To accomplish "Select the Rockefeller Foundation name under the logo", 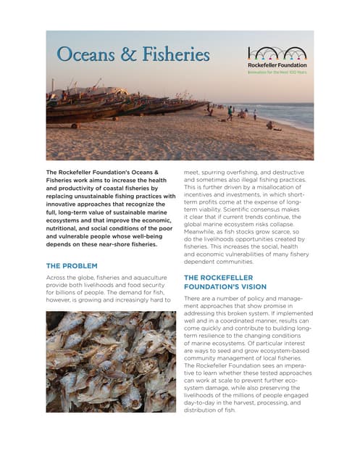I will [277, 65].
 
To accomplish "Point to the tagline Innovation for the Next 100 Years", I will [277, 72].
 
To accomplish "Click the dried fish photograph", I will [110, 361].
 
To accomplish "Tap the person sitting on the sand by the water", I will [270, 125].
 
